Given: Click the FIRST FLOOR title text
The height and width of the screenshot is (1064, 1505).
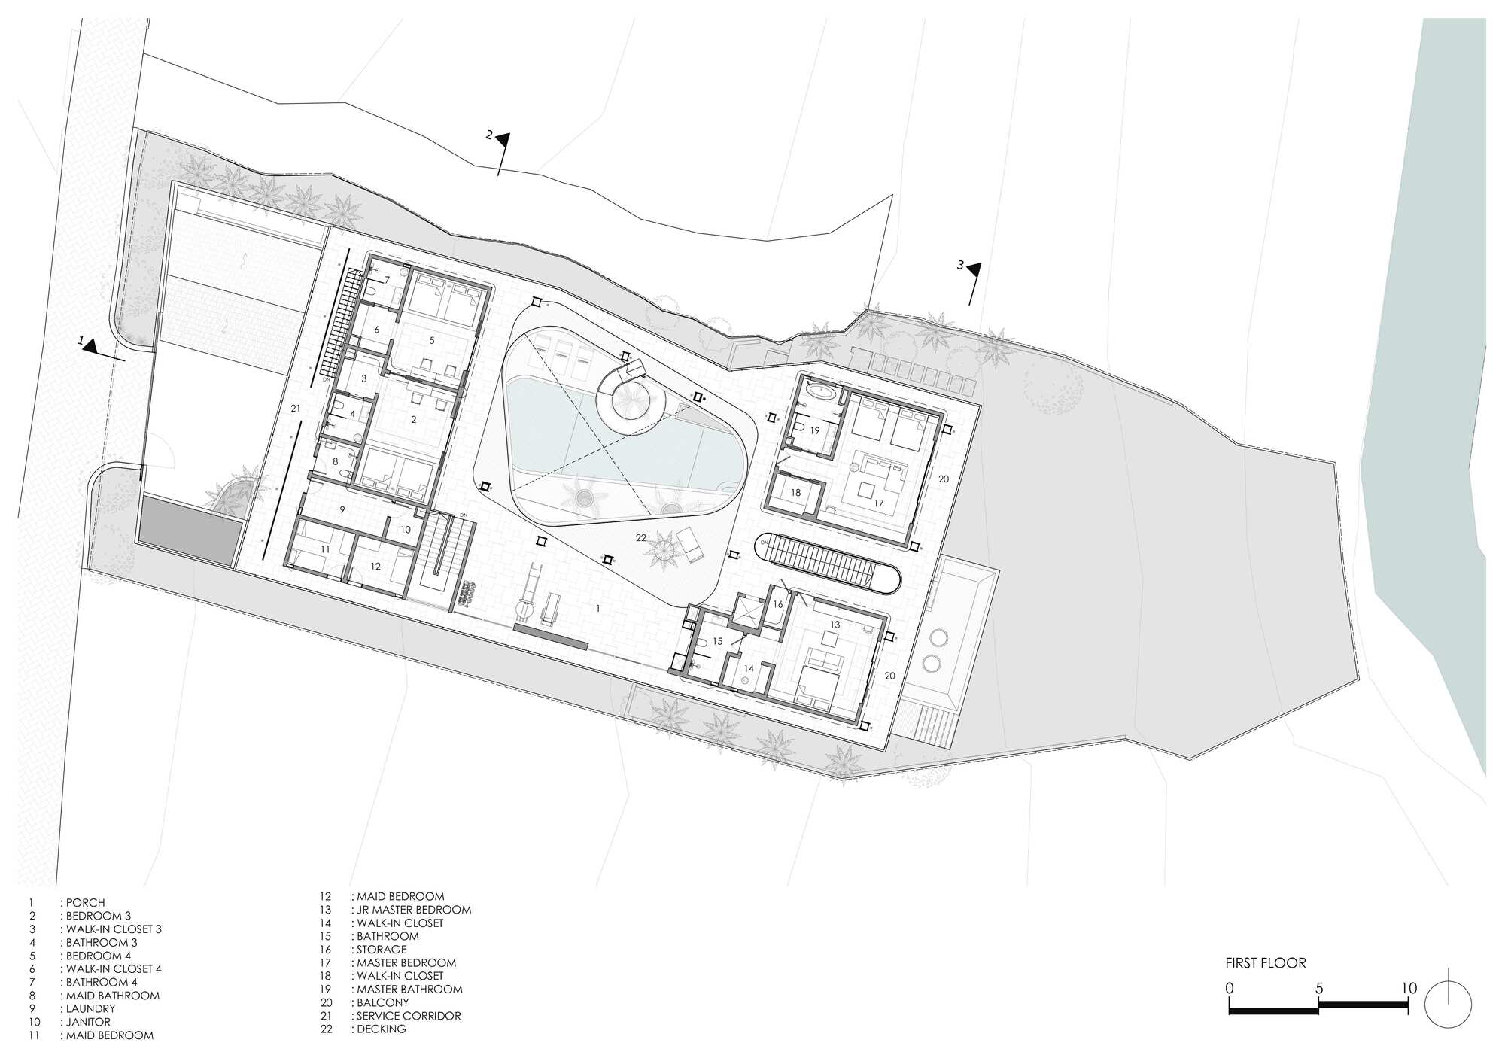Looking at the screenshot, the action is pyautogui.click(x=1266, y=962).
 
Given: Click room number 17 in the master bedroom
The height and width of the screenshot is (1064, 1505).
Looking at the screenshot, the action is pyautogui.click(x=878, y=503).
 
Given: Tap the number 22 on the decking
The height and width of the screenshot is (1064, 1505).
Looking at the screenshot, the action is pyautogui.click(x=641, y=537).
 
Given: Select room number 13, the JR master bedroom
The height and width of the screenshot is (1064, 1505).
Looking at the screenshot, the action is pyautogui.click(x=835, y=625).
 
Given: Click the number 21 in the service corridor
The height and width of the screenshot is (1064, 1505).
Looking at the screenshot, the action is pyautogui.click(x=296, y=408).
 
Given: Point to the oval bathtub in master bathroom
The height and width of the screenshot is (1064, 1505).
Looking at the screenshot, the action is pyautogui.click(x=819, y=391).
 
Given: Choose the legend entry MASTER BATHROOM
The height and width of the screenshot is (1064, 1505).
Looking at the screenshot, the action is pyautogui.click(x=409, y=989).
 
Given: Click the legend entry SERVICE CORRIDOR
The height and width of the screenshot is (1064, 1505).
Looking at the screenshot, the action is pyautogui.click(x=409, y=1015).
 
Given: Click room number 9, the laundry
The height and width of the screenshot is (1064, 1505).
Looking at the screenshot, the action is pyautogui.click(x=342, y=509).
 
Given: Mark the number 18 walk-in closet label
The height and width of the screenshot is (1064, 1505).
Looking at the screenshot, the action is pyautogui.click(x=796, y=493).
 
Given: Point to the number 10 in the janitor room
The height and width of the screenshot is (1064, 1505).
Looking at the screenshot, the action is pyautogui.click(x=406, y=529).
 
